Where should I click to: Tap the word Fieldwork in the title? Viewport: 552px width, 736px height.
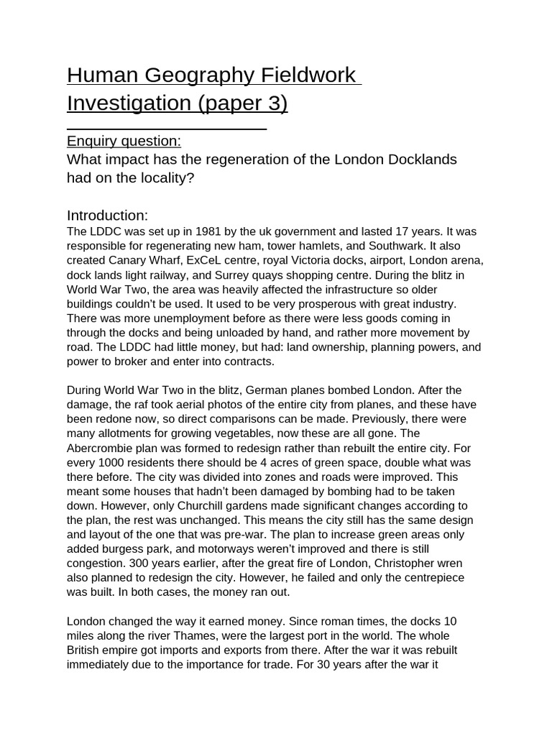pos(307,75)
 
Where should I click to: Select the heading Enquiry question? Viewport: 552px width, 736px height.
pos(124,140)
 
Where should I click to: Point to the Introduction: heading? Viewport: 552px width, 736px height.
pos(107,215)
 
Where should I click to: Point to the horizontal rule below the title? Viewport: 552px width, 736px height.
pos(167,129)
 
